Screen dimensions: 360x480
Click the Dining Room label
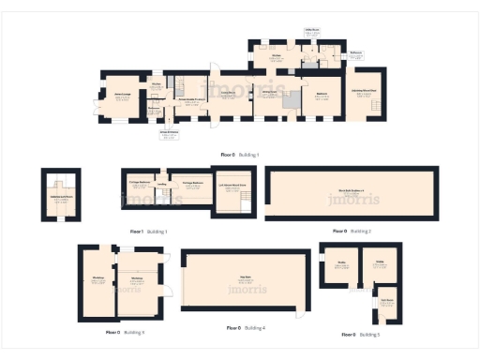pyautogui.click(x=269, y=94)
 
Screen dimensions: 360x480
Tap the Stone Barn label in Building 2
pyautogui.click(x=352, y=194)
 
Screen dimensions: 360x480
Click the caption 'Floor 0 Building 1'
pyautogui.click(x=239, y=154)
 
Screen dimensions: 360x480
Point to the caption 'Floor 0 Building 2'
pyautogui.click(x=352, y=231)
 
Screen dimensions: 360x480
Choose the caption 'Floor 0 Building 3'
pyautogui.click(x=125, y=332)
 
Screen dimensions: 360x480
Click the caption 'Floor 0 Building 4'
pyautogui.click(x=246, y=328)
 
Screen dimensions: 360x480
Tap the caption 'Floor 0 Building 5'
pyautogui.click(x=360, y=334)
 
